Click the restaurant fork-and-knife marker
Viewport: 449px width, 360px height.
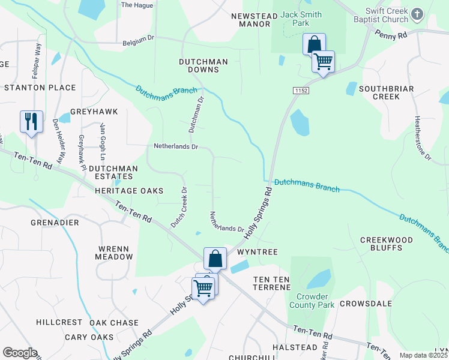coord(30,122)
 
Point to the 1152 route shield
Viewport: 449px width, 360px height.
coord(301,90)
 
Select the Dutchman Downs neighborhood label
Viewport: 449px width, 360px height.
coord(203,66)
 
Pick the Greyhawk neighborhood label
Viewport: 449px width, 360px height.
coord(94,112)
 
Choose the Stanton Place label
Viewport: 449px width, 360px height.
coord(40,88)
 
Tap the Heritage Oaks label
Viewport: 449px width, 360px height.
coord(129,191)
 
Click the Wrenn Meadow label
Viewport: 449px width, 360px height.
coord(114,251)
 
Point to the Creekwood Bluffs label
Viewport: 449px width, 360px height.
coord(386,245)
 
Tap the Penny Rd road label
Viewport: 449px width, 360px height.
coord(391,36)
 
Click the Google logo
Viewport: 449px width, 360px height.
coord(20,353)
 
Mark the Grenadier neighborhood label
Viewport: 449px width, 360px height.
coord(53,222)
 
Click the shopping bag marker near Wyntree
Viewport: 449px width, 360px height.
coord(215,259)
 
